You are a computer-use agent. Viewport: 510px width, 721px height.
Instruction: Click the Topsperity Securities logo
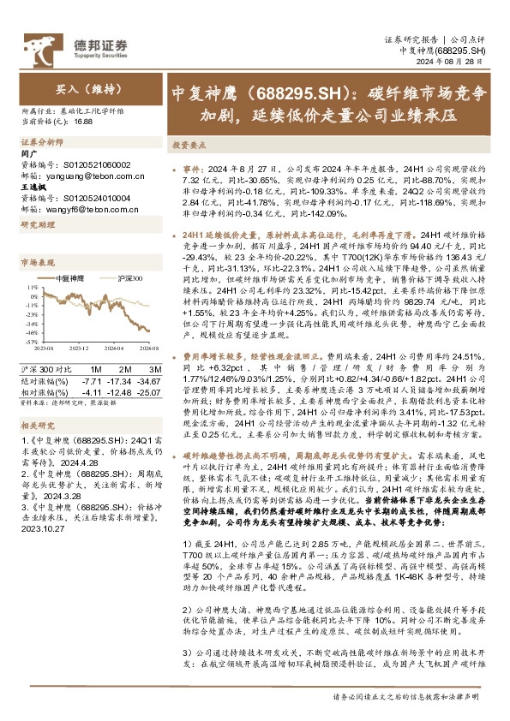[x=82, y=46]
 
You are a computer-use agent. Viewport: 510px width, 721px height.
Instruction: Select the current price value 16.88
[x=82, y=122]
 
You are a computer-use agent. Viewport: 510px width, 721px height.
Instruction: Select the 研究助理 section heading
[x=38, y=223]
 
